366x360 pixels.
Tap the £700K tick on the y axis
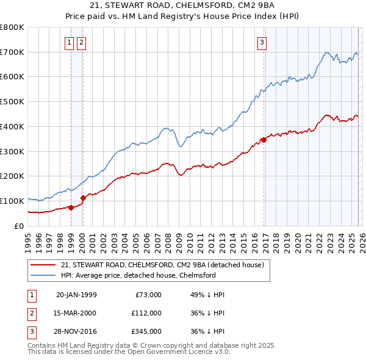tap(12, 52)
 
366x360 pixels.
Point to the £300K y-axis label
tap(12, 151)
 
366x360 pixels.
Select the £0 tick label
tap(19, 226)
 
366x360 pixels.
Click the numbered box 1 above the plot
tap(69, 42)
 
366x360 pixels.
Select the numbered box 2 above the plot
tap(81, 42)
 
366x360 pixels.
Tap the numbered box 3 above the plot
tap(262, 42)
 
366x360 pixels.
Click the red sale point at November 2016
tap(264, 140)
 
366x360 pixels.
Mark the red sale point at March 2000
tap(84, 198)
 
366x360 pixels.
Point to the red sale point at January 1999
tap(71, 207)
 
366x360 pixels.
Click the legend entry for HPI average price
tap(138, 275)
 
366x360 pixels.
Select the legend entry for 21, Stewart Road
tap(162, 265)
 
